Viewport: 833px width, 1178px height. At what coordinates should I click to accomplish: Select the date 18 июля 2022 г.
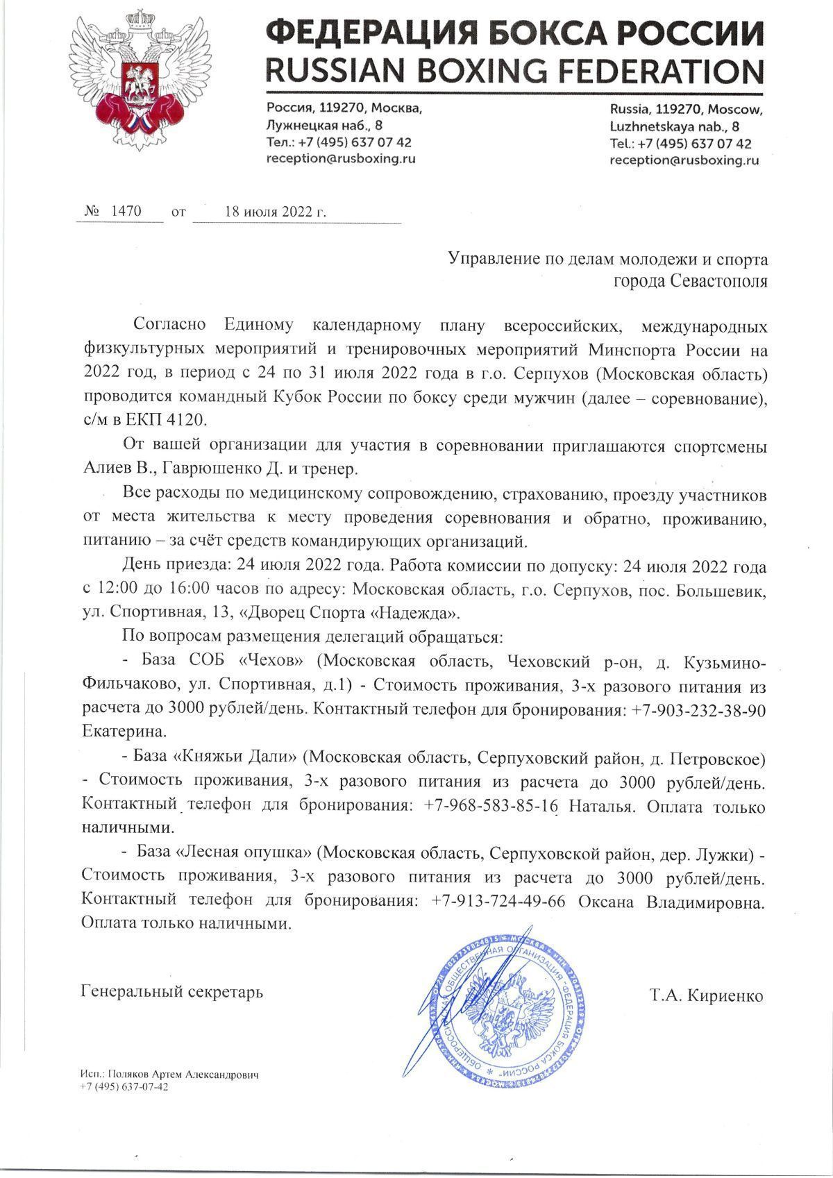(275, 212)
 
